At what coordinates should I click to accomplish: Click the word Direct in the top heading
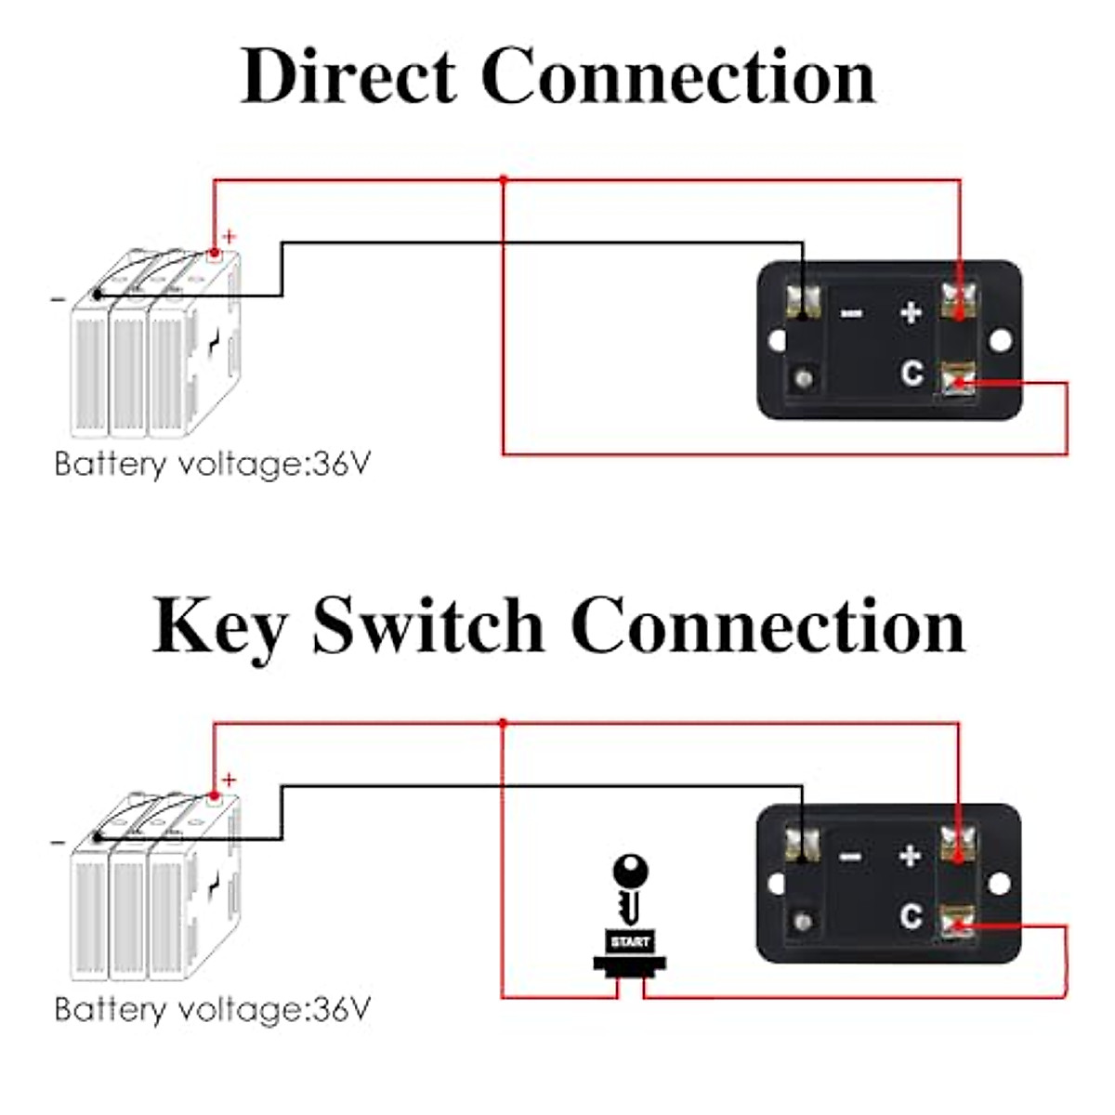point(348,76)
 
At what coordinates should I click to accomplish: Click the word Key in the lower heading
point(219,625)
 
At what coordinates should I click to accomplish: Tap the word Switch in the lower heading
point(427,625)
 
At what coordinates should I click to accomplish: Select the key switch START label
point(630,942)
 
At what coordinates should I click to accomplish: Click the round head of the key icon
point(631,872)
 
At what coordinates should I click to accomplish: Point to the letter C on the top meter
point(912,374)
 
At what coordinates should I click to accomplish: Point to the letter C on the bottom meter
point(911,917)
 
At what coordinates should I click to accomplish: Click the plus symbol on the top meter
point(911,312)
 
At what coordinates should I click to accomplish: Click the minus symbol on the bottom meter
point(850,856)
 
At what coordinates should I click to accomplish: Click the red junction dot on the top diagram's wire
point(503,179)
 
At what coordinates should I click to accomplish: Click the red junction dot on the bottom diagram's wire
point(503,723)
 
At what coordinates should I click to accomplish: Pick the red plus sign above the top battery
point(230,237)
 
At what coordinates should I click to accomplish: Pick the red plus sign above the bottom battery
point(230,780)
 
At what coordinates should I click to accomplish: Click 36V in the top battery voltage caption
point(341,464)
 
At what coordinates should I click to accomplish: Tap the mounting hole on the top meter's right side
point(1000,341)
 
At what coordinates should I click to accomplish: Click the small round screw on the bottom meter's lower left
point(804,922)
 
